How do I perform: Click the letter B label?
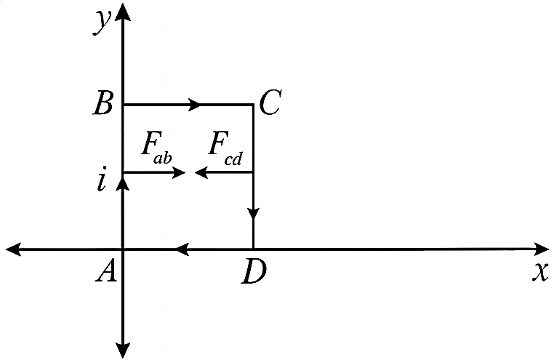click(x=103, y=104)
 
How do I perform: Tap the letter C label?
click(x=270, y=103)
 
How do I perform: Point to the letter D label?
click(x=254, y=272)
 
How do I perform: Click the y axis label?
click(x=103, y=22)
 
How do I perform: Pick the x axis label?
click(x=540, y=273)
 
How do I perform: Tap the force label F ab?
click(x=156, y=148)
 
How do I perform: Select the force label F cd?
click(x=225, y=148)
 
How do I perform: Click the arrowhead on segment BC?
click(x=195, y=104)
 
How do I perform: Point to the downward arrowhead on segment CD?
click(x=253, y=213)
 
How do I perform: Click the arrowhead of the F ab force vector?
click(x=179, y=173)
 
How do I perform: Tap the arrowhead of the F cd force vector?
click(x=201, y=173)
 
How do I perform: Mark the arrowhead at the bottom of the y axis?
click(x=123, y=351)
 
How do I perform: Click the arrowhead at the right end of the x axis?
click(x=542, y=249)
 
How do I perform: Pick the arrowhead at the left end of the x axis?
click(x=13, y=249)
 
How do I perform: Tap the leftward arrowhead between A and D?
click(x=182, y=249)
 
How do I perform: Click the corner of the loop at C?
click(x=253, y=105)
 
